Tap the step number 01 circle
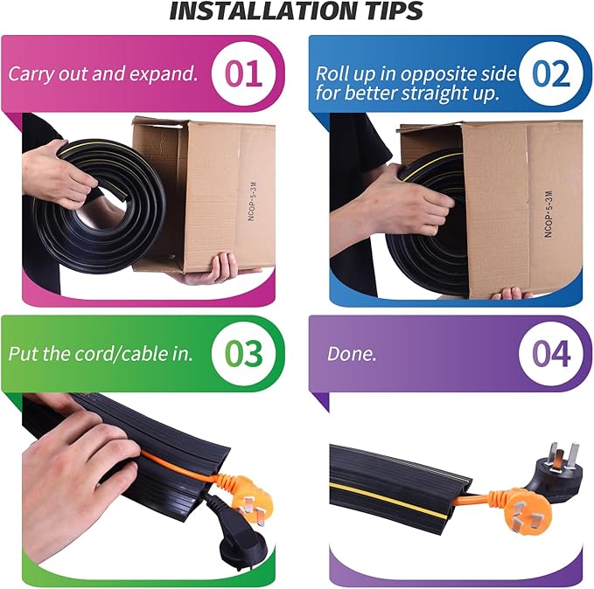pos(242,73)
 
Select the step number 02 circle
pos(550,73)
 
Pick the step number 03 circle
pos(242,354)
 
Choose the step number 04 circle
pos(550,354)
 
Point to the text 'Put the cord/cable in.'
pos(101,355)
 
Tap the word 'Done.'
pos(352,355)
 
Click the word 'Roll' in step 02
pos(332,73)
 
